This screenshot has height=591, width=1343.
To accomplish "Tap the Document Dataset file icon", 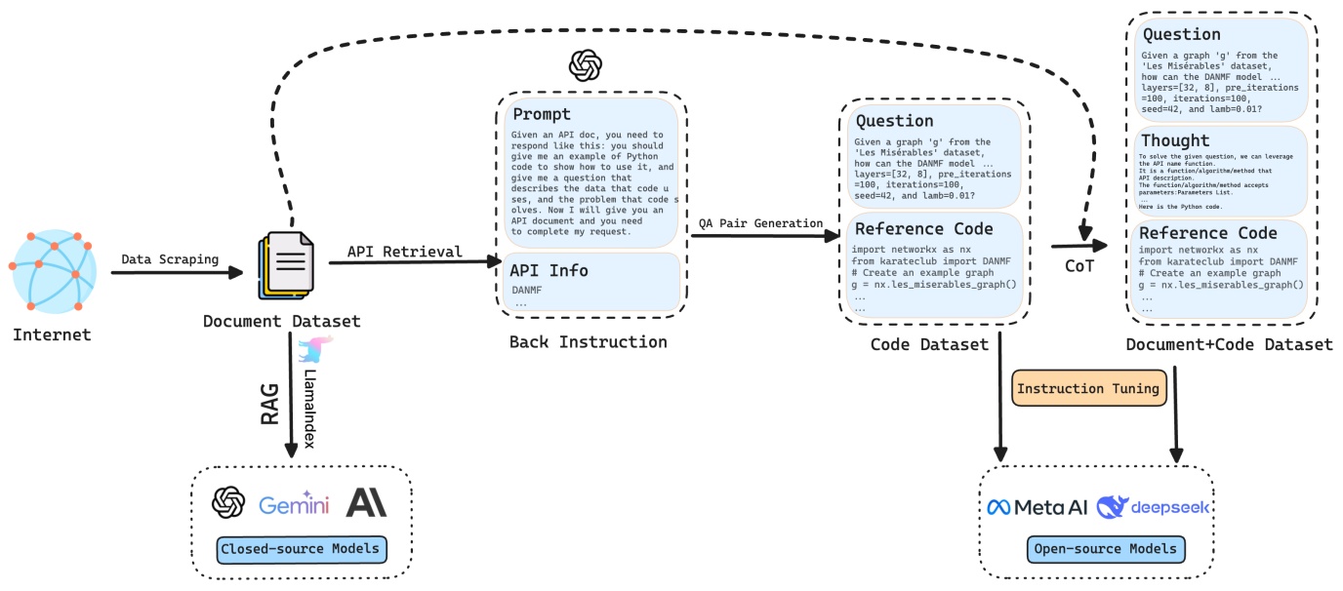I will [287, 266].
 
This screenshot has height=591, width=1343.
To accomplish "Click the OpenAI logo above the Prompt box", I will [585, 66].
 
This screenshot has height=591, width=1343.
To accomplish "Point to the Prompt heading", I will [542, 114].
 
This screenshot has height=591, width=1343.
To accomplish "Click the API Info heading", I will [550, 270].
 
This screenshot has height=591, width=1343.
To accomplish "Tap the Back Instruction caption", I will [588, 342].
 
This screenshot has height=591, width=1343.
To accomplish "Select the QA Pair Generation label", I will [760, 223].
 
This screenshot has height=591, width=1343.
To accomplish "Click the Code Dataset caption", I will [929, 344].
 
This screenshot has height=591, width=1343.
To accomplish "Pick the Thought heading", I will [1175, 141].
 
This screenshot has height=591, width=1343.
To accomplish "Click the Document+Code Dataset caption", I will [1229, 344].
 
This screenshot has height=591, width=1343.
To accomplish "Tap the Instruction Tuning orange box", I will [1088, 388].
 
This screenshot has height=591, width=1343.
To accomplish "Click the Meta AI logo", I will [1036, 507].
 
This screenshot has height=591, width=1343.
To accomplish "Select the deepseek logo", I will [1153, 507].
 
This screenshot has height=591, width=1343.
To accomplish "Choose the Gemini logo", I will [294, 504].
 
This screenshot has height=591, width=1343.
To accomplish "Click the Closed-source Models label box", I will [301, 549].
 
